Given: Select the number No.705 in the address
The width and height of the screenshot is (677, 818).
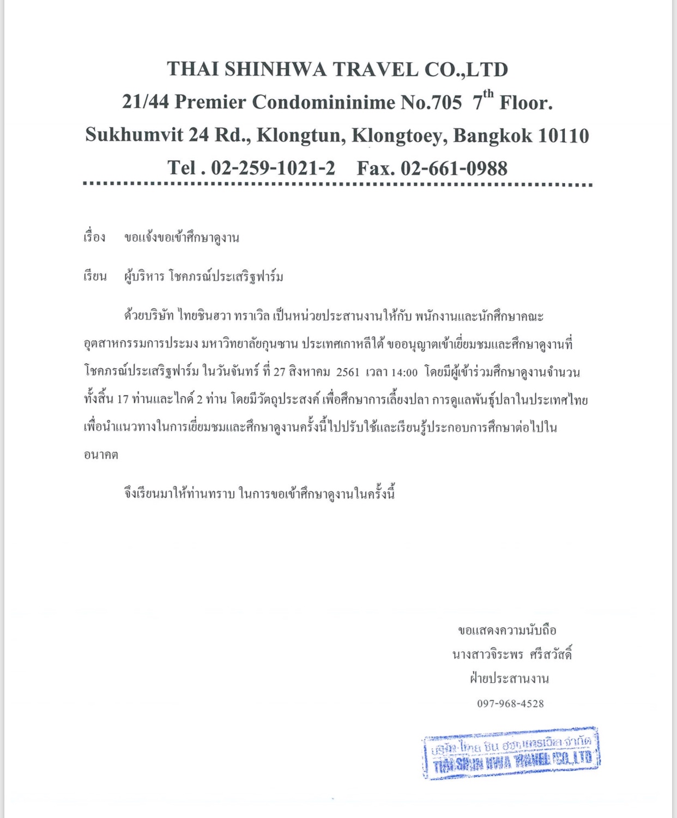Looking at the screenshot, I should (x=431, y=103).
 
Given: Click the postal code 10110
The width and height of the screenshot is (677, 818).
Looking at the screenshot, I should (x=563, y=136).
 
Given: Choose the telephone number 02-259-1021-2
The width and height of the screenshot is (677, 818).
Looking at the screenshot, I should (x=273, y=168).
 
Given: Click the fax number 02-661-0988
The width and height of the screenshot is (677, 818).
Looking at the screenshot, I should (x=454, y=169).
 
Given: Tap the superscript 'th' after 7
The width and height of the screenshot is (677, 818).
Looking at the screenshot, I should (x=488, y=93).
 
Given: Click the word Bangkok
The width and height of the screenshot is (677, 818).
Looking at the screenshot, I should (x=493, y=136).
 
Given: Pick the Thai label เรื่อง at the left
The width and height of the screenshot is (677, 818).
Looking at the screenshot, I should (x=94, y=237).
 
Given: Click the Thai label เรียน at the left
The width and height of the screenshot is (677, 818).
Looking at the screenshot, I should (x=95, y=276).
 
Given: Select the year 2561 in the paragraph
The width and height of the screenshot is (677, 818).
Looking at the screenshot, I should (x=348, y=372).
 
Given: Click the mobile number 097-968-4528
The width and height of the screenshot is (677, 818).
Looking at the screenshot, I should (x=510, y=703).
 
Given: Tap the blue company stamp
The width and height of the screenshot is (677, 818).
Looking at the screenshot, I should (x=511, y=753).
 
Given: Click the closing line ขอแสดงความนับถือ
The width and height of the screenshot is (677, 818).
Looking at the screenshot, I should (x=507, y=630).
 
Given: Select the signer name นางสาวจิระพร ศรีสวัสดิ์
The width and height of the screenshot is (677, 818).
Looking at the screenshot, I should (x=512, y=654).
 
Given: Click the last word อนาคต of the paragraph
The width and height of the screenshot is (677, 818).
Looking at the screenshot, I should (x=101, y=455).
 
